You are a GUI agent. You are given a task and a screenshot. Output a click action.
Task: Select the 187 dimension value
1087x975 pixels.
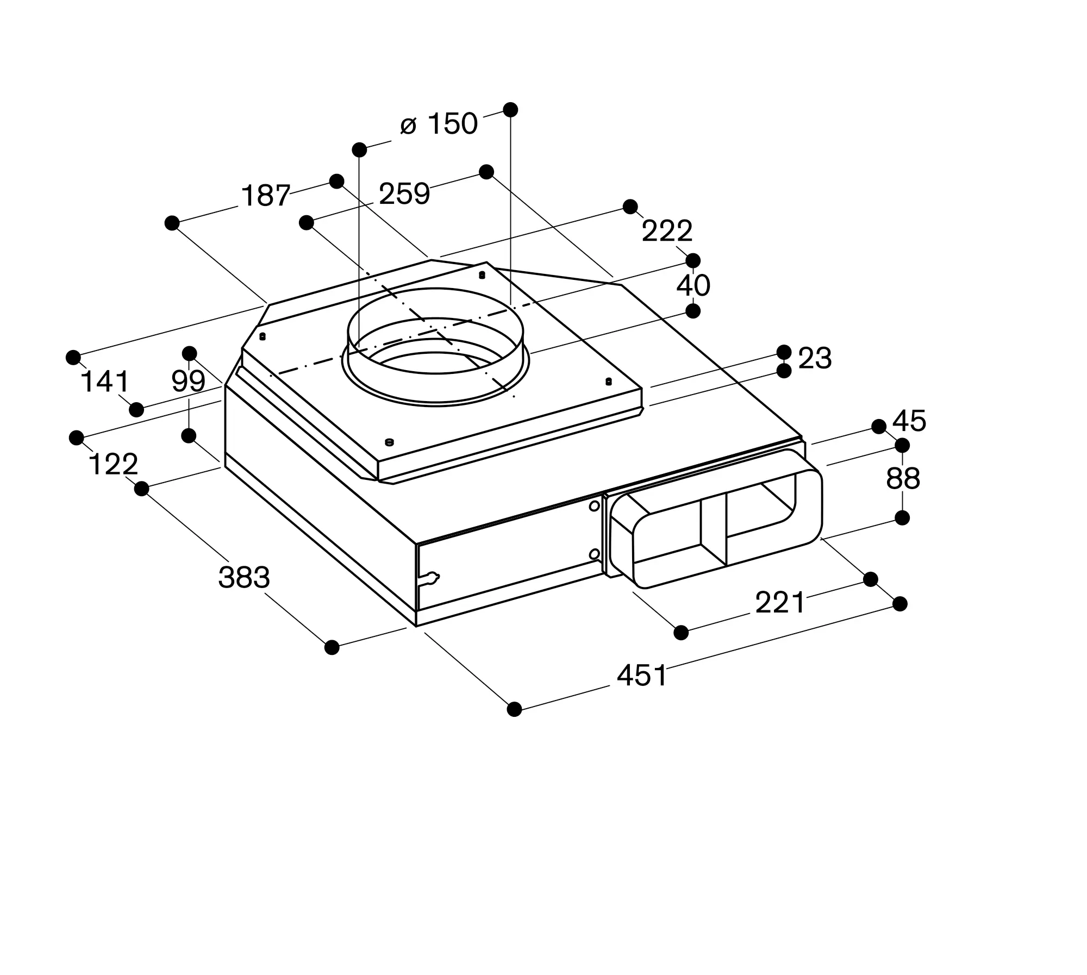pyautogui.click(x=265, y=196)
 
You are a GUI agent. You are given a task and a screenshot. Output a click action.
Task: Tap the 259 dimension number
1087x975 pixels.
pyautogui.click(x=404, y=194)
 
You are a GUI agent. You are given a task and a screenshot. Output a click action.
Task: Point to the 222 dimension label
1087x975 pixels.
pyautogui.click(x=667, y=232)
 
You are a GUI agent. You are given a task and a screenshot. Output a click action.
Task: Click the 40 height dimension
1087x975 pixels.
pyautogui.click(x=693, y=285)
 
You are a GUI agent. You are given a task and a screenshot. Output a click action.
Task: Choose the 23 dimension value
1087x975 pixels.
pyautogui.click(x=815, y=359)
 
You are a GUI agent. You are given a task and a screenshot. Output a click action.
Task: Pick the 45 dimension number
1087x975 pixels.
pyautogui.click(x=909, y=421)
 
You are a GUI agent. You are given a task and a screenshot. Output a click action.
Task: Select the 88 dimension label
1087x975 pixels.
pyautogui.click(x=903, y=479)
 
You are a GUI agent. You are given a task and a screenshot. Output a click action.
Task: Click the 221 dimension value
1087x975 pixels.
pyautogui.click(x=780, y=603)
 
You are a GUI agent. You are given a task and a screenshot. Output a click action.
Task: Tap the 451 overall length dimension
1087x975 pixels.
pyautogui.click(x=642, y=676)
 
